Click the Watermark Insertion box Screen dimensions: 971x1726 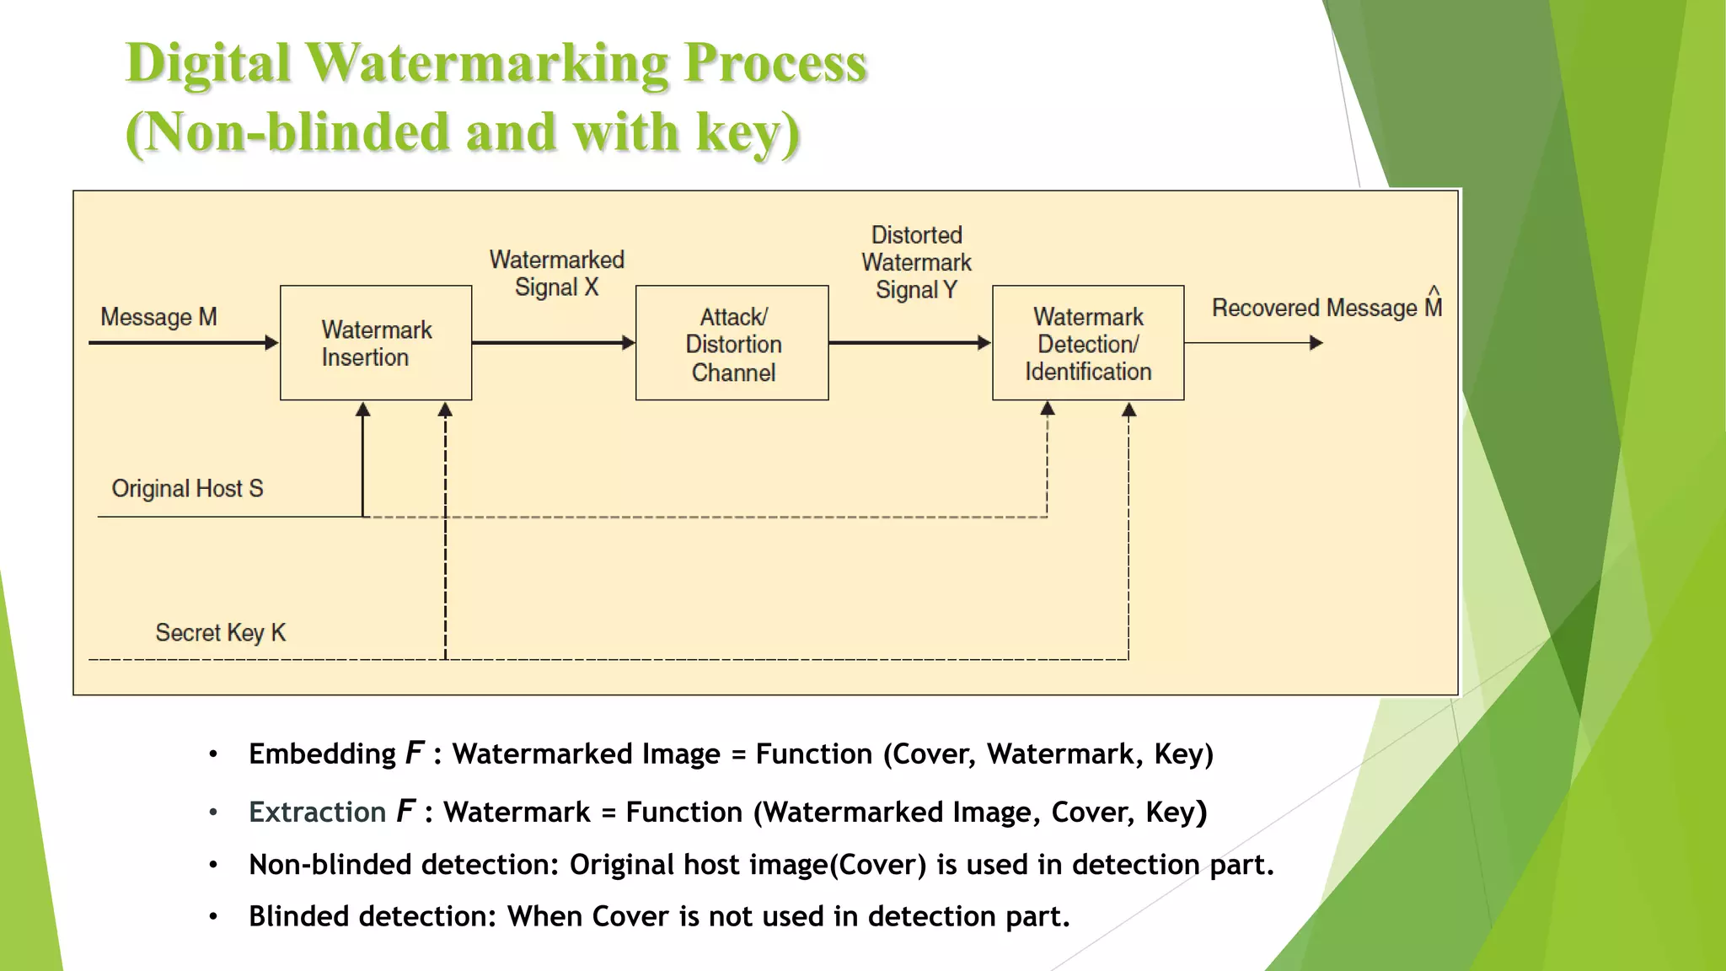point(376,343)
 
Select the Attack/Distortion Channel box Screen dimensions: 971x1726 point(732,343)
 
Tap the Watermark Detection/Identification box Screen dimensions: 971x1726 point(1088,343)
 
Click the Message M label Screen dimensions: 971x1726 point(158,317)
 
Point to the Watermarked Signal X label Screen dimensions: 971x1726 point(557,273)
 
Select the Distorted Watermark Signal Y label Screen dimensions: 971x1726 point(916,262)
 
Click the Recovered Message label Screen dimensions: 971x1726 point(1315,308)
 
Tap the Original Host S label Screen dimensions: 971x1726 point(187,489)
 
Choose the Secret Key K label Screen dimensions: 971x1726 point(220,633)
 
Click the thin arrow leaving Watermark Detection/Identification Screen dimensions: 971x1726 point(1254,343)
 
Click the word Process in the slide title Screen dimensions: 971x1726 point(775,63)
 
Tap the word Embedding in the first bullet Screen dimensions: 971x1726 point(322,754)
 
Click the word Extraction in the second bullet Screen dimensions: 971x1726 point(317,812)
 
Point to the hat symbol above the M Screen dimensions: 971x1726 point(1434,291)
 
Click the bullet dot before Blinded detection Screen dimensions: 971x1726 point(214,916)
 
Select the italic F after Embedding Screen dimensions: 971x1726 point(414,753)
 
